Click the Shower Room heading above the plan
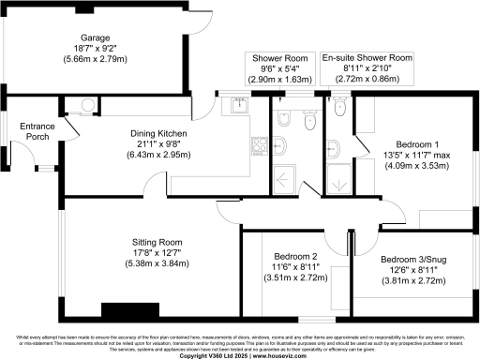tap(277, 58)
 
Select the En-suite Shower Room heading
tap(367, 58)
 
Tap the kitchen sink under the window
tap(238, 105)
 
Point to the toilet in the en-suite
tap(338, 112)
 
